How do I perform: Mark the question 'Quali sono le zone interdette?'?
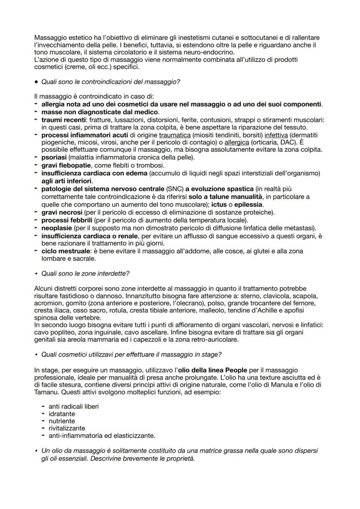tap(85, 273)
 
